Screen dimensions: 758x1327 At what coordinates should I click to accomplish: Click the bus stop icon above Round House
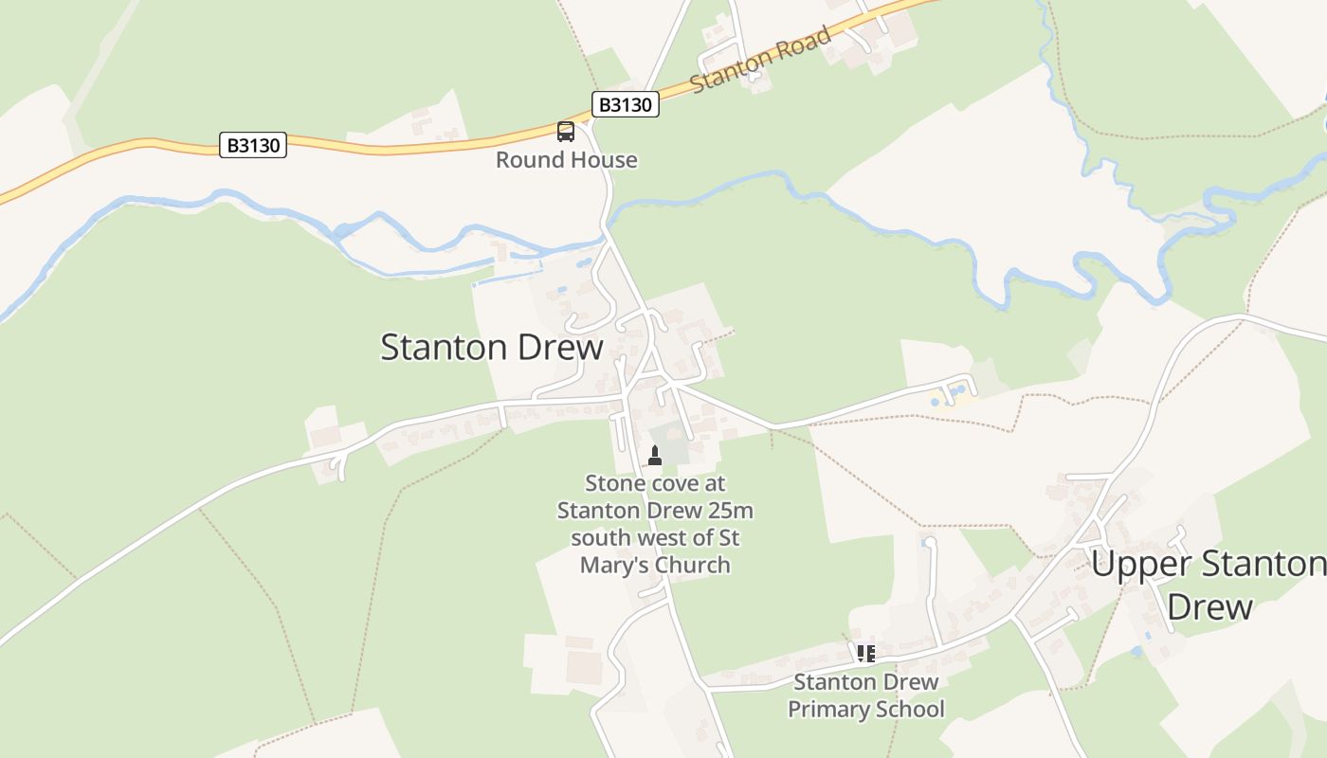tap(566, 132)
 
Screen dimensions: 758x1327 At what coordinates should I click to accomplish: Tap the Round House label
tap(567, 160)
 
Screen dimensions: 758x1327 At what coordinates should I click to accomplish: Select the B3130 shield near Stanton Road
tap(626, 104)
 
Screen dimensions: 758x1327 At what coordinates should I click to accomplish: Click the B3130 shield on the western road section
tap(253, 145)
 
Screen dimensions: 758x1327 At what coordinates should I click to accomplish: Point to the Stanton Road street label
tap(761, 60)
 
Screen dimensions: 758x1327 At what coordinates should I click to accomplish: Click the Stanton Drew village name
tap(491, 348)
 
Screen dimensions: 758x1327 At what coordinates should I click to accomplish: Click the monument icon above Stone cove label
tap(654, 455)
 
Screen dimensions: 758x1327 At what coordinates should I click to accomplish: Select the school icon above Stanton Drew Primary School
tap(865, 653)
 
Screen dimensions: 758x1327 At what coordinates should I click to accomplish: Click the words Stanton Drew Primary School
tap(866, 695)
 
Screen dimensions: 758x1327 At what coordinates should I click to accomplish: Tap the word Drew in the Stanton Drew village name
tap(560, 348)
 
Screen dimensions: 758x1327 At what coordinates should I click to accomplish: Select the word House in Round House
tap(605, 160)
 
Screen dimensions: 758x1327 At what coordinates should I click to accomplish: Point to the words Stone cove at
tap(655, 483)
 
